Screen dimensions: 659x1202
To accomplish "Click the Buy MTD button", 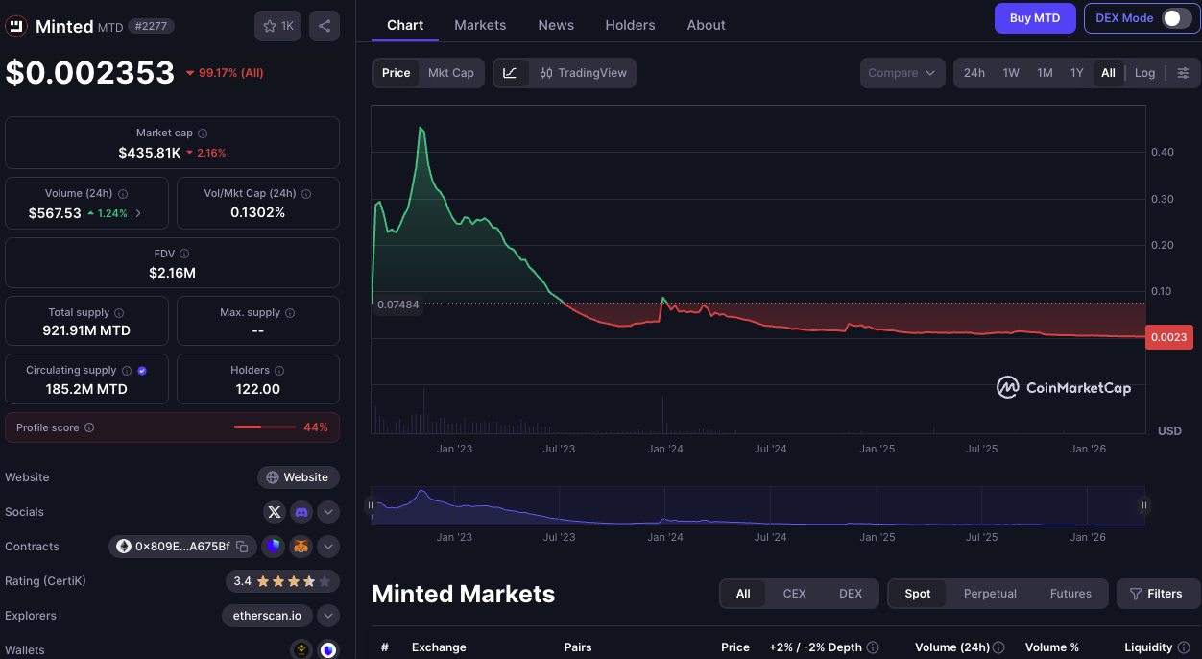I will click(x=1034, y=18).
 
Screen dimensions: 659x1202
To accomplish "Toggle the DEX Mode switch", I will click(x=1176, y=18).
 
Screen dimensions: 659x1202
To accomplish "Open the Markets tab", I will click(x=480, y=25).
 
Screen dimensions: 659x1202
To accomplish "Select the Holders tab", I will click(x=630, y=25).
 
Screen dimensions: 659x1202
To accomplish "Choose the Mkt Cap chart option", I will click(x=450, y=73).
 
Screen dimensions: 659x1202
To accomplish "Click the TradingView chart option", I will click(x=583, y=73).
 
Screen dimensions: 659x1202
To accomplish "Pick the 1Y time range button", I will click(x=1076, y=73).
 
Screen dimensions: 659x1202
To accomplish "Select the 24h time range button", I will click(x=974, y=73).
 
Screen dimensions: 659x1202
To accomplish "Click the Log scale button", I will click(x=1144, y=73).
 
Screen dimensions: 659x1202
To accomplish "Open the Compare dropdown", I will click(x=902, y=73).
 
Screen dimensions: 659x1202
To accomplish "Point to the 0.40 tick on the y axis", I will click(x=1162, y=152).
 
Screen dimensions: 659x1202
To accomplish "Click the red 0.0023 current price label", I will click(x=1168, y=337).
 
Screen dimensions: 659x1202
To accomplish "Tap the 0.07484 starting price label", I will click(x=397, y=305).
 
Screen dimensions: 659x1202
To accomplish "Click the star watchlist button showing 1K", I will click(x=278, y=26).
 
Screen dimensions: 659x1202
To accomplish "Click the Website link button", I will click(x=298, y=477).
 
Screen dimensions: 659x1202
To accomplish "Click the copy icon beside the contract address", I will click(x=242, y=547).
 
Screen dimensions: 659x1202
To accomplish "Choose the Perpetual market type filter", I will click(x=989, y=594).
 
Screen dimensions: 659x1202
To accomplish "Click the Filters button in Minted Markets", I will click(x=1158, y=594).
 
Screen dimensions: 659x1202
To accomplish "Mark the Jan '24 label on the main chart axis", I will click(x=664, y=449).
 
